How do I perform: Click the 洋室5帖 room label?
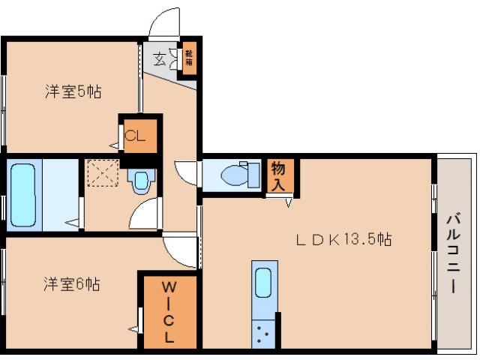73,92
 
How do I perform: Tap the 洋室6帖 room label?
72,284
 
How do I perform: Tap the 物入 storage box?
278,176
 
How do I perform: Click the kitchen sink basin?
263,283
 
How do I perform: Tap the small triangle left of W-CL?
133,327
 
